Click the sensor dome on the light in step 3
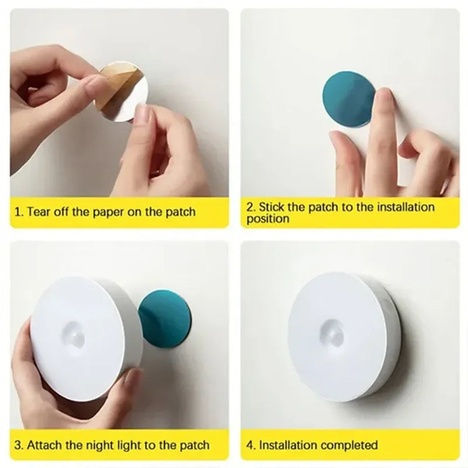[x=75, y=335]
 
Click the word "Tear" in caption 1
[x=39, y=212]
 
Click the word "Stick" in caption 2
[x=272, y=207]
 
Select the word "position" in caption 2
[x=268, y=219]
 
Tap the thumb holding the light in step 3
[x=133, y=383]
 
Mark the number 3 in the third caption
[x=18, y=445]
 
